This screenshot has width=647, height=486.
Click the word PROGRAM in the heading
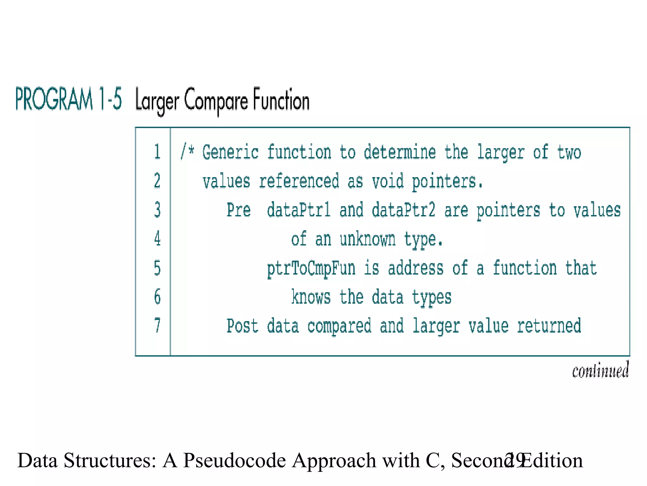(54, 99)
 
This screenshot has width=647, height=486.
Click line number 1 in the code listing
(157, 152)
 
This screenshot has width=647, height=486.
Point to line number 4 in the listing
(157, 239)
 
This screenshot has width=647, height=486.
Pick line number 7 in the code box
(157, 326)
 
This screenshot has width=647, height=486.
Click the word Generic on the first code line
(230, 152)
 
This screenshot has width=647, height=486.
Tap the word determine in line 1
(400, 152)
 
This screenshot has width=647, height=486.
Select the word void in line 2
(388, 181)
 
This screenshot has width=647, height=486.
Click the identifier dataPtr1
(299, 210)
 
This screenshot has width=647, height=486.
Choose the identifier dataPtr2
(403, 210)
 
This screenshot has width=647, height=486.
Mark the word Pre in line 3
(239, 210)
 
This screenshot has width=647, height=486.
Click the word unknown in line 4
(367, 239)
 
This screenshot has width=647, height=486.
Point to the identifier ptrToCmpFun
(311, 268)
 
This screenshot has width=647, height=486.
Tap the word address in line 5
(415, 268)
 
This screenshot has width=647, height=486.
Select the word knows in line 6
(311, 297)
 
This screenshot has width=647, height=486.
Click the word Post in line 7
(242, 326)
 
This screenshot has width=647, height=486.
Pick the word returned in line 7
(549, 326)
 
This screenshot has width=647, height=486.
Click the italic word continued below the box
(600, 371)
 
